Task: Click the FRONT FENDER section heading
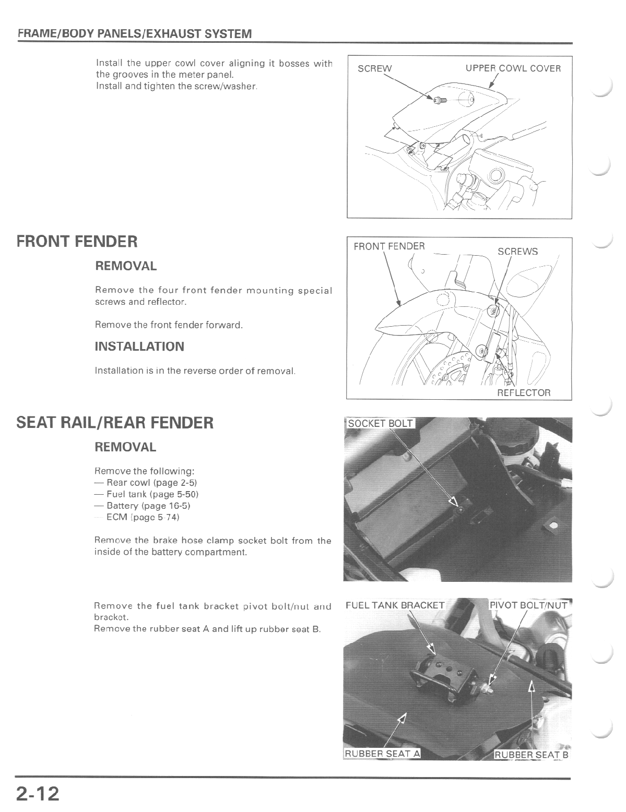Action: tap(77, 242)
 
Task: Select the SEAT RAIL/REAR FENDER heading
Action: tap(115, 422)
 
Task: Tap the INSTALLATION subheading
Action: tap(139, 347)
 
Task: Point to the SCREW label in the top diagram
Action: tap(374, 68)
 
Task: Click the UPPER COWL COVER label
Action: tap(513, 68)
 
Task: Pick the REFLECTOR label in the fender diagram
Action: tap(523, 392)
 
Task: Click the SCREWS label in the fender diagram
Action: tap(517, 252)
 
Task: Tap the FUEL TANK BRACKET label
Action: tap(395, 605)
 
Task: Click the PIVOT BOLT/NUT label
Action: tap(529, 605)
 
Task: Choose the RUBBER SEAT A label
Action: tap(382, 754)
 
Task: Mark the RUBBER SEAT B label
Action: tap(531, 755)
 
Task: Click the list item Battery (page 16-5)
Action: tap(145, 506)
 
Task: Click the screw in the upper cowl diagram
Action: tap(437, 99)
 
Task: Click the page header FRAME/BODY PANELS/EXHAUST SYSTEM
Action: tap(135, 34)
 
